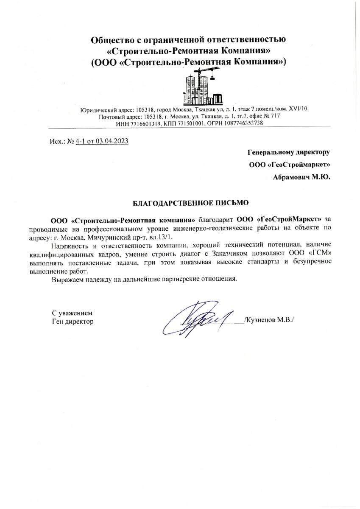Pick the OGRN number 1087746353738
pyautogui.click(x=235, y=123)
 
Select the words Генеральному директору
pyautogui.click(x=289, y=151)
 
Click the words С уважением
pyautogui.click(x=71, y=313)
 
